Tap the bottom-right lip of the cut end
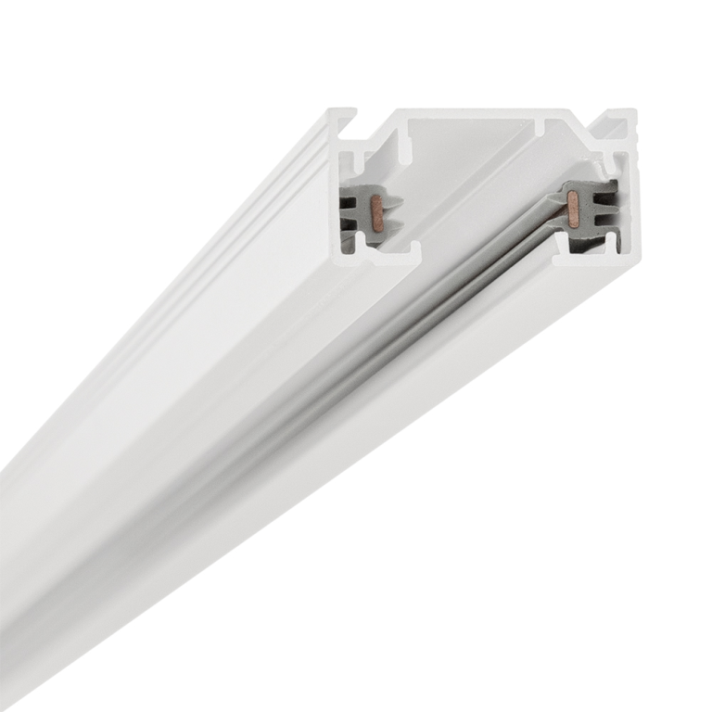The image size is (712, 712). [593, 259]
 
